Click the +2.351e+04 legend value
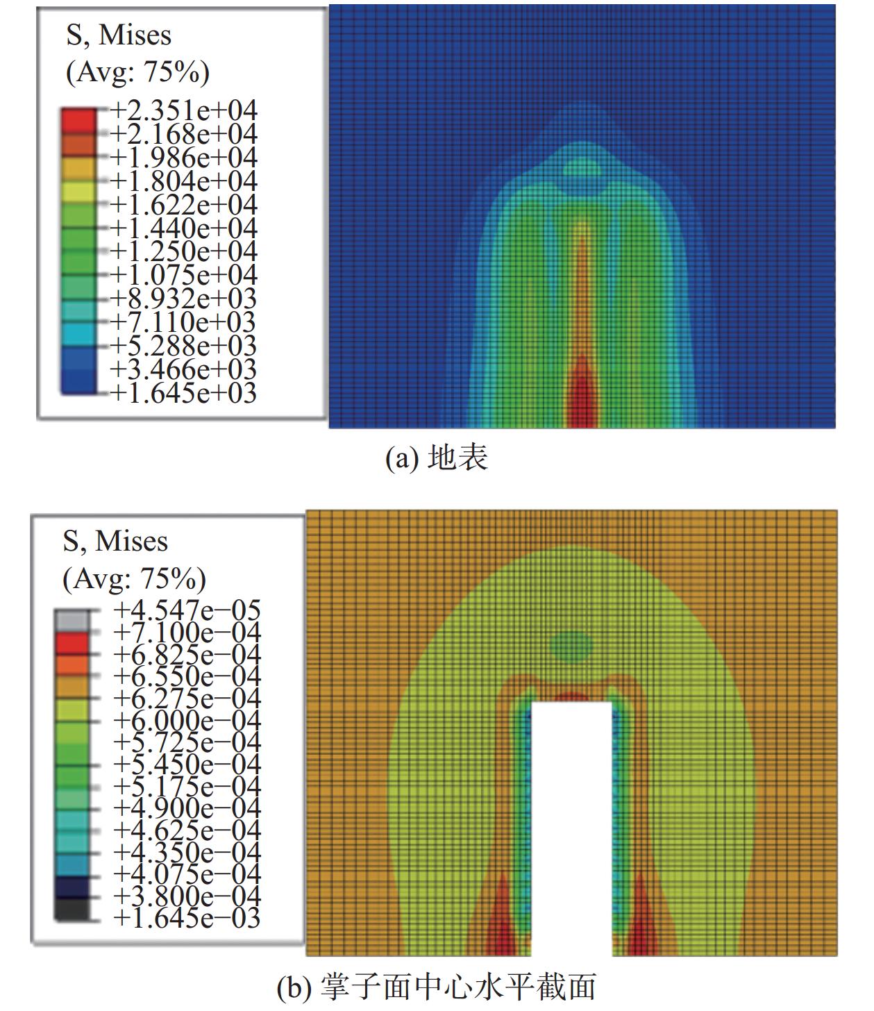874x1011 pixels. [x=183, y=111]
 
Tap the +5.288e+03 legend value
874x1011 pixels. [x=183, y=346]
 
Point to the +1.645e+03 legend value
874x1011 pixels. [x=183, y=393]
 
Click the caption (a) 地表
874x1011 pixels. [x=437, y=459]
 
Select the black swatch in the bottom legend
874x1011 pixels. [x=72, y=908]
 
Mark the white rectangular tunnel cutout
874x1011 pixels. [x=571, y=826]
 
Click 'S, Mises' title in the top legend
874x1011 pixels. [x=119, y=36]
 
